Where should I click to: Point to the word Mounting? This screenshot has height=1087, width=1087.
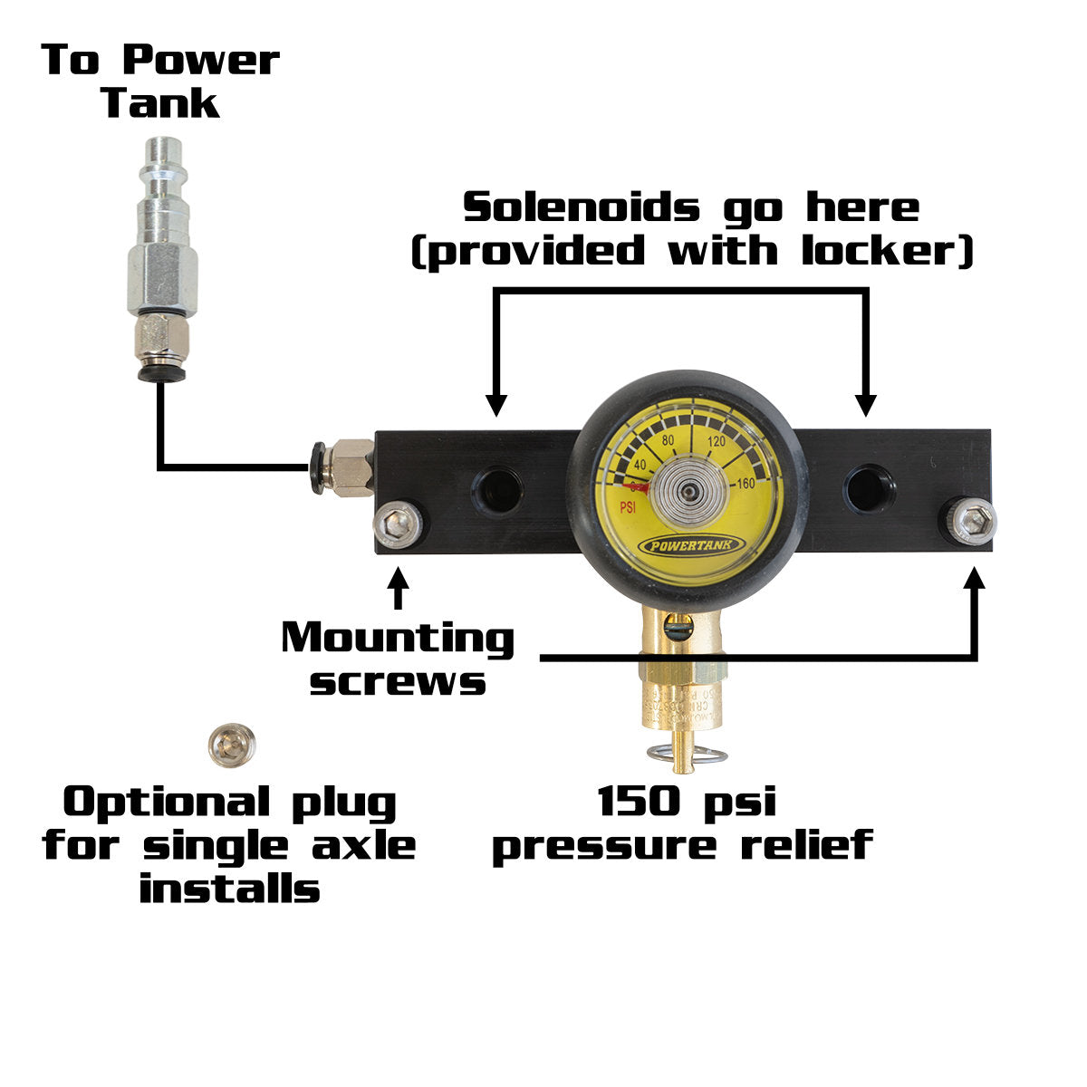[398, 638]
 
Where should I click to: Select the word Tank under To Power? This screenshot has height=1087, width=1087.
[160, 102]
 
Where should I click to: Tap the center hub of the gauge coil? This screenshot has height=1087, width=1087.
[690, 492]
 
